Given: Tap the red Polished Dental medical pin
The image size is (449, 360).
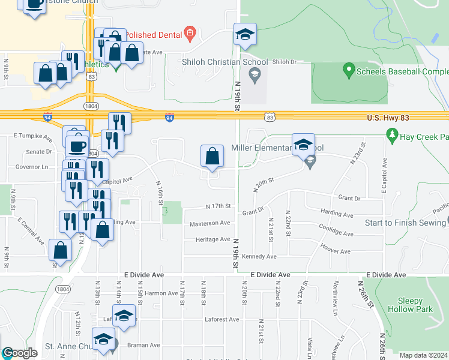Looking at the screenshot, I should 190,34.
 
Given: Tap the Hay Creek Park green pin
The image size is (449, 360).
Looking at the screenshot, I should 393,137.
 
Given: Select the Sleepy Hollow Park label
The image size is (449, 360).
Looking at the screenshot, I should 415,305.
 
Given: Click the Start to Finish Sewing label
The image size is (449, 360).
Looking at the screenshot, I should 406,223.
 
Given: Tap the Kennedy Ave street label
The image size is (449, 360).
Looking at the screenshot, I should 259,256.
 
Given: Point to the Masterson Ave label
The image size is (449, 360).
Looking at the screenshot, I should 210,223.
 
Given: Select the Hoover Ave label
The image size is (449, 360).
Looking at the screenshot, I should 336,248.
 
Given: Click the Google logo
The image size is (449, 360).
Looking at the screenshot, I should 20,353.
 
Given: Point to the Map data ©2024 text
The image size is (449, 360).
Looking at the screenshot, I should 423,355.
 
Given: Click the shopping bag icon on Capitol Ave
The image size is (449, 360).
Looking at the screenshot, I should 212,157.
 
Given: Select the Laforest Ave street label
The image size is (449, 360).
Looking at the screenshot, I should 221,319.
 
